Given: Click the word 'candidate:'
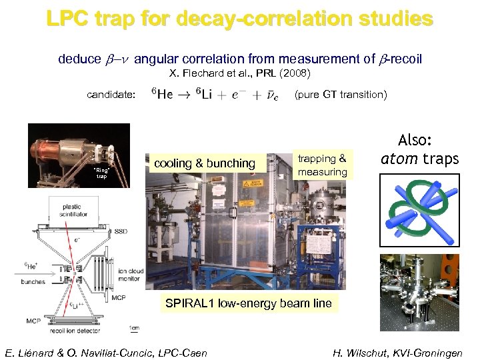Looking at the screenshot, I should pos(111,95).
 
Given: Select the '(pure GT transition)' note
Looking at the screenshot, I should pos(340,95).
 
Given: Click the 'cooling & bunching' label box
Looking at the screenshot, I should pos(204,163).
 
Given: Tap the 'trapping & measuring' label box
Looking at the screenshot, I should pos(322,165).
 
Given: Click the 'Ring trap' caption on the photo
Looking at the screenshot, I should pos(101,173).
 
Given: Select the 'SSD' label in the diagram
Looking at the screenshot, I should pos(121,231).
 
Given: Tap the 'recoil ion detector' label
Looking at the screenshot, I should pos(75,331).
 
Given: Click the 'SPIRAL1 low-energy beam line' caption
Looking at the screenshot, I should pos(248,303).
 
